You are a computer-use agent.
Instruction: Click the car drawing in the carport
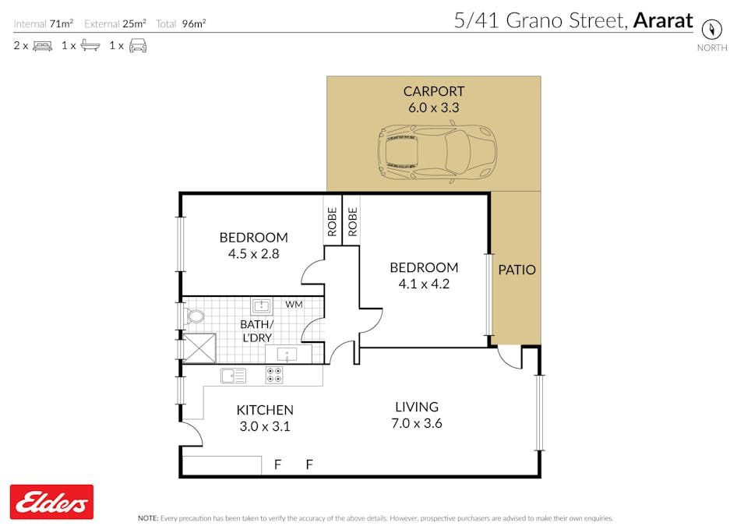(436, 151)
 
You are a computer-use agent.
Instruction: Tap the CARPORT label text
(433, 91)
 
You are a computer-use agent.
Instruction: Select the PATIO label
(517, 270)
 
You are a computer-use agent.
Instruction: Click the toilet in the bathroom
(195, 316)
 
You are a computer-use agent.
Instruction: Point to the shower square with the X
(199, 348)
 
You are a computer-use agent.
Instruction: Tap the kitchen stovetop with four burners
(274, 375)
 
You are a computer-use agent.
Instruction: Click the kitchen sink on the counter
(233, 376)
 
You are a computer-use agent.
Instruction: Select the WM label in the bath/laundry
(294, 305)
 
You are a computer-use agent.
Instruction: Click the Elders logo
(51, 502)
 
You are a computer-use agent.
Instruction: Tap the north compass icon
(711, 29)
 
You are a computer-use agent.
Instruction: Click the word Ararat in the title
(663, 21)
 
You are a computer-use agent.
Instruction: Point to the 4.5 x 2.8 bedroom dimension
(254, 254)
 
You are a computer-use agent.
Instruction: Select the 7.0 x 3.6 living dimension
(417, 423)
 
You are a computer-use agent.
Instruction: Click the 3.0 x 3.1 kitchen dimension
(265, 426)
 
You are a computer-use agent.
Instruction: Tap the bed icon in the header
(42, 46)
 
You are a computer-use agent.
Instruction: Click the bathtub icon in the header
(90, 46)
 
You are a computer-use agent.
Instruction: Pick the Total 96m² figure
(181, 23)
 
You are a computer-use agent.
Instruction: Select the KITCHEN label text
(265, 410)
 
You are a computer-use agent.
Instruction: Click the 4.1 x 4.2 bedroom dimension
(424, 284)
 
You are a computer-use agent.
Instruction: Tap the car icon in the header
(138, 46)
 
